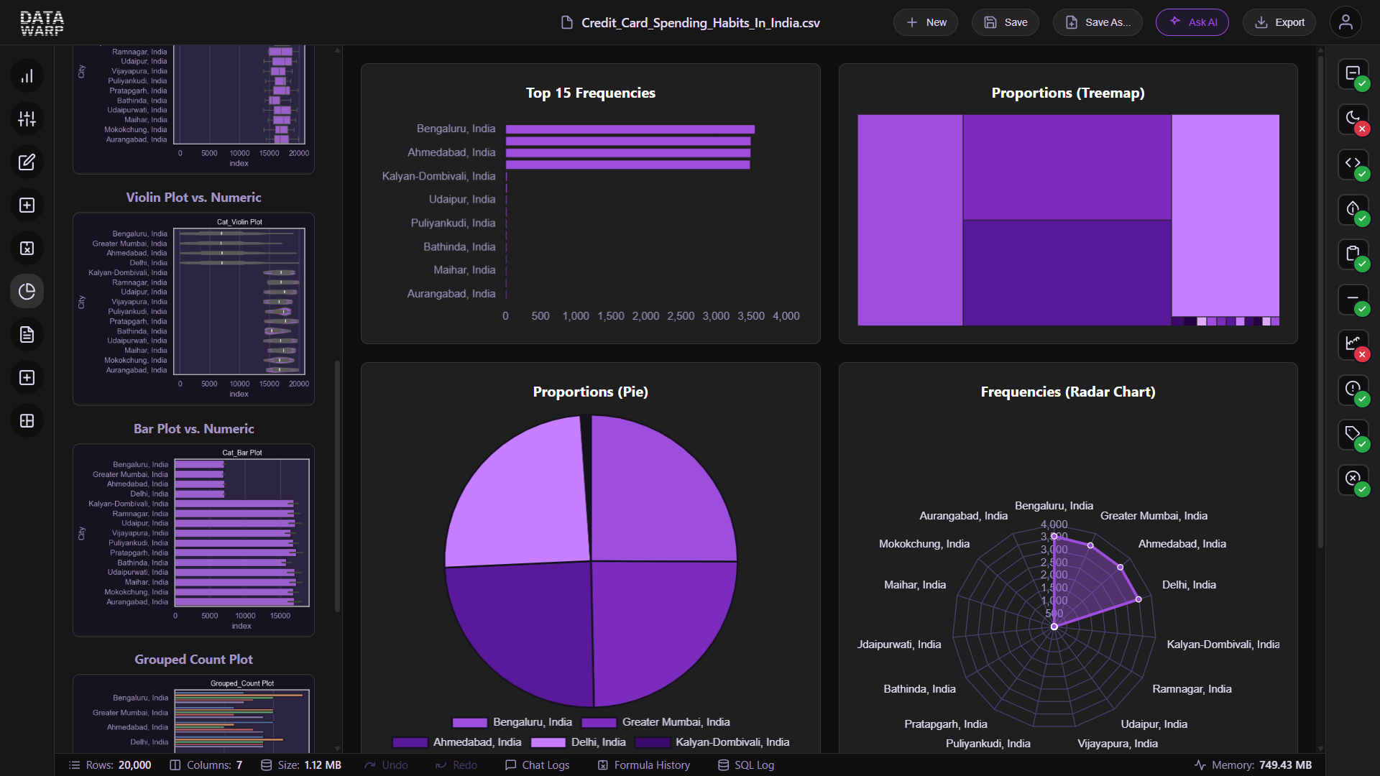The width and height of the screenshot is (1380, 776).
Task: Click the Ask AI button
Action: pos(1192,22)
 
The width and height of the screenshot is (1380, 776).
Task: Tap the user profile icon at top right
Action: pos(1345,22)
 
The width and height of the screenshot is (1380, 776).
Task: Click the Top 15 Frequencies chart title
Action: pos(590,93)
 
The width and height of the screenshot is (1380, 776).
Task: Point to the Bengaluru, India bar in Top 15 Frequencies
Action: pos(630,129)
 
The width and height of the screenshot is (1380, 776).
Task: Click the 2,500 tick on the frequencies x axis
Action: pos(680,316)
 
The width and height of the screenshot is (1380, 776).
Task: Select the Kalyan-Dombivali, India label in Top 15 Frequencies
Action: pos(438,176)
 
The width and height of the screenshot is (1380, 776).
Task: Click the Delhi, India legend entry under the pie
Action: pos(579,742)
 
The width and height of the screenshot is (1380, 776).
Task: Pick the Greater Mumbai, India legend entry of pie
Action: pos(655,722)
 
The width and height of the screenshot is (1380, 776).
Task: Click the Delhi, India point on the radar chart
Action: pos(1138,599)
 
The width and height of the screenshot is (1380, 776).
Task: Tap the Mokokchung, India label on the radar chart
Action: pos(924,544)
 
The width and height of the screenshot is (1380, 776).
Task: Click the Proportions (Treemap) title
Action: pos(1067,93)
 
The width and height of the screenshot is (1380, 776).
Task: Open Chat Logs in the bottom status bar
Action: pos(537,765)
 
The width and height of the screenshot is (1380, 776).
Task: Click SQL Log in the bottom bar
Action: pos(746,765)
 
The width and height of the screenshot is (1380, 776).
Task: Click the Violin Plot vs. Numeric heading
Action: pos(193,198)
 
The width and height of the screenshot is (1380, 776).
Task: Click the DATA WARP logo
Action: pos(42,22)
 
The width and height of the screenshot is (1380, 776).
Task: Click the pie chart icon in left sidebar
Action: pos(27,292)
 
